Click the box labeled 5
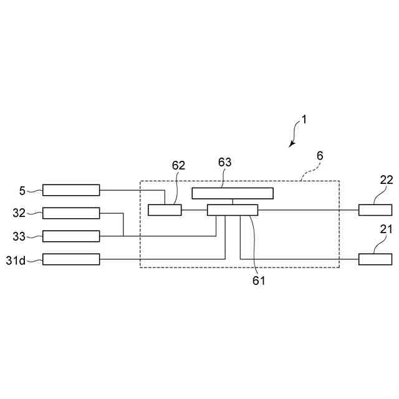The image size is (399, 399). point(70,190)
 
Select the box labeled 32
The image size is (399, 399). point(70,213)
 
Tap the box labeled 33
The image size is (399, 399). point(70,236)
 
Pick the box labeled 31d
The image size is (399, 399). point(70,259)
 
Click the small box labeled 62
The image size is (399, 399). point(165,210)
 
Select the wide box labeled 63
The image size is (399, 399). point(232,193)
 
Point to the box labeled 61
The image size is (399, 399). point(232,210)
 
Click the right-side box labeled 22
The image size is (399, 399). point(375,210)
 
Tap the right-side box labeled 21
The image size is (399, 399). point(375,259)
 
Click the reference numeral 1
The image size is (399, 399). point(304,118)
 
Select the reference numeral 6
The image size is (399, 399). point(320,155)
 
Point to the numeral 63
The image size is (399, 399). point(224,162)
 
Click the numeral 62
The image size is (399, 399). point(178,166)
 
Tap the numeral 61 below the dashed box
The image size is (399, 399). point(259,281)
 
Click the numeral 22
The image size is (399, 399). point(386,180)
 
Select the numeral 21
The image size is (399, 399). point(386,229)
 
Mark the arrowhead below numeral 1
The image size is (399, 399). point(291,145)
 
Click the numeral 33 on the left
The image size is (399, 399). point(20,236)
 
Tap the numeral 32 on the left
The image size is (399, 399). point(20,213)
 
